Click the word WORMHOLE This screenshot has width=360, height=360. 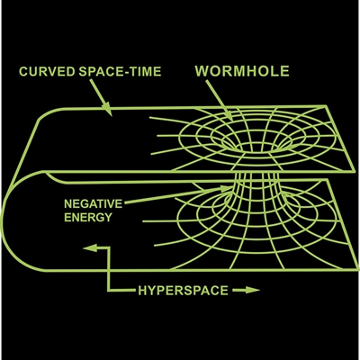coord(242,71)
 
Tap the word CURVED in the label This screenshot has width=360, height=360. coord(47,72)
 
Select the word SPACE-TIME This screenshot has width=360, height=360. coord(120,72)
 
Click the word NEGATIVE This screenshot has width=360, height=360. coord(94,204)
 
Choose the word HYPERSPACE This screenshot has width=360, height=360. coord(183,291)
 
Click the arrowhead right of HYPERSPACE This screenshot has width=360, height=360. coord(253,290)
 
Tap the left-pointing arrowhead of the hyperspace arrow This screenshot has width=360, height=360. coord(90,247)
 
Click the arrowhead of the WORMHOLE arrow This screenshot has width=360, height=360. coord(229,116)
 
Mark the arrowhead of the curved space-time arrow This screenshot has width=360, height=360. coord(108,111)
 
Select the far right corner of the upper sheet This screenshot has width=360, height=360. coord(326,105)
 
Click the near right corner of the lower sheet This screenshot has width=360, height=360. coord(357,269)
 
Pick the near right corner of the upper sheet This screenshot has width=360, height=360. coord(354,171)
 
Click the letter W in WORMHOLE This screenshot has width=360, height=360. coord(202,71)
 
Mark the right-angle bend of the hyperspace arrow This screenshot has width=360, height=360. coord(109,290)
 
